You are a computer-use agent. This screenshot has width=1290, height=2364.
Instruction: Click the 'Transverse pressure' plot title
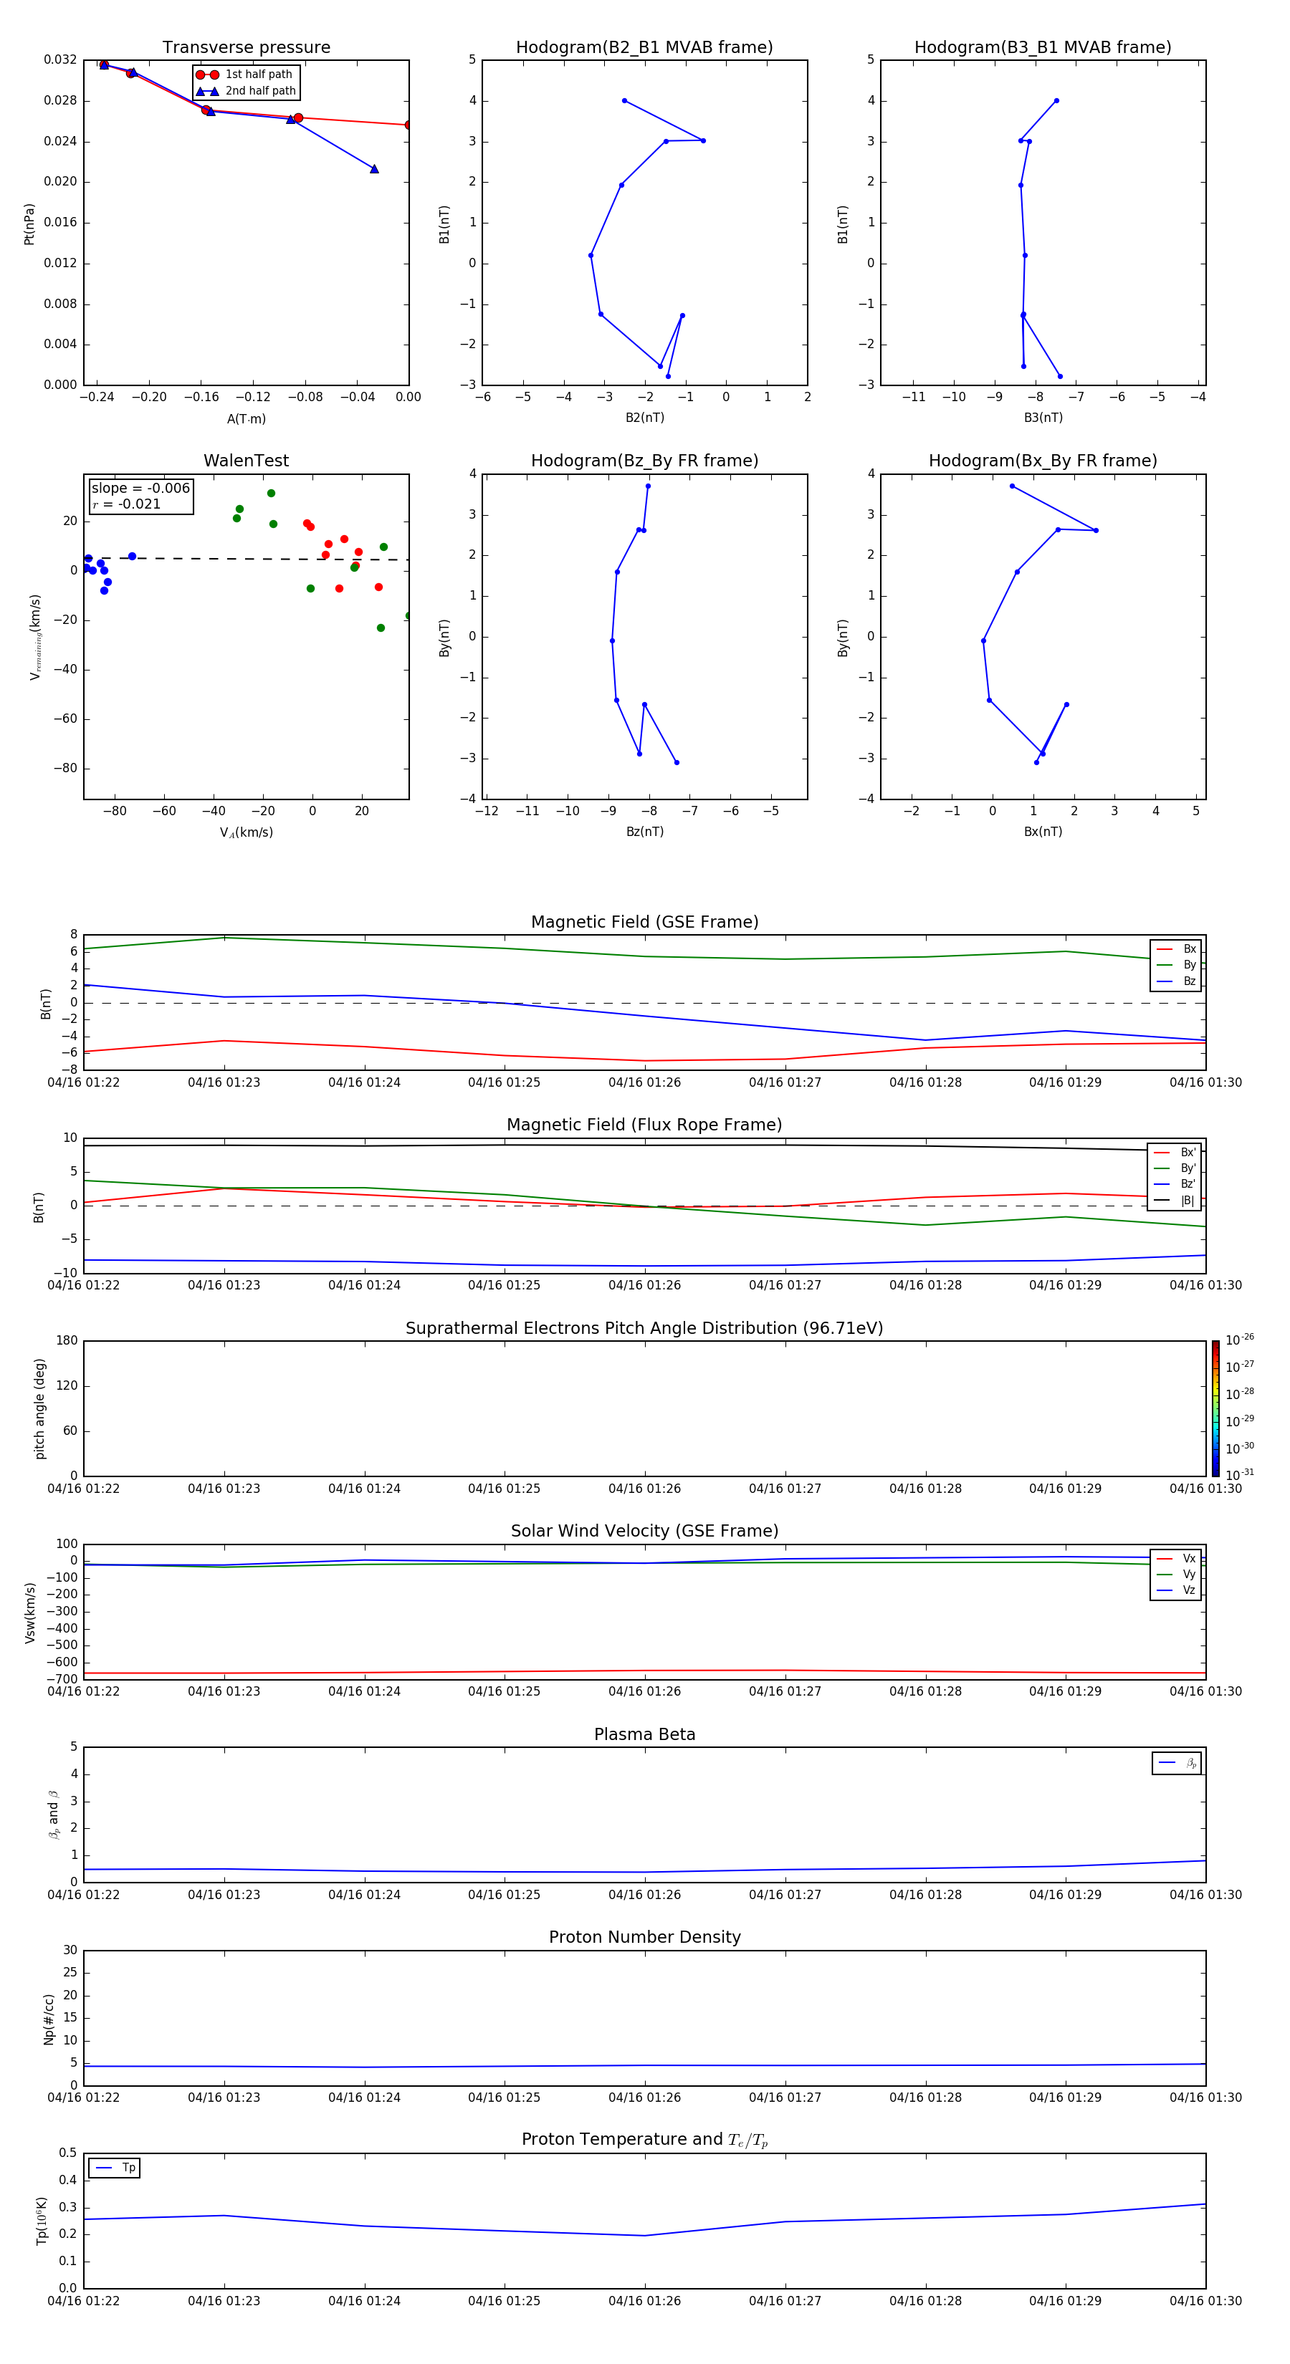[x=246, y=48]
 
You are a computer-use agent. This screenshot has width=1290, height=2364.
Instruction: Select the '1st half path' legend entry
[x=258, y=75]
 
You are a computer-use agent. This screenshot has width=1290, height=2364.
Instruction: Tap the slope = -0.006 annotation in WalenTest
[x=140, y=489]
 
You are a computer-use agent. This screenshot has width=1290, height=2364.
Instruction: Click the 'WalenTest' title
[x=246, y=461]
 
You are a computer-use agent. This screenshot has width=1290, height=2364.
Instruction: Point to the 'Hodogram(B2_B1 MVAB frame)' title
[x=644, y=48]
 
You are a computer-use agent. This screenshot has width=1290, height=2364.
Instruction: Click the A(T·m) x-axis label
[x=246, y=419]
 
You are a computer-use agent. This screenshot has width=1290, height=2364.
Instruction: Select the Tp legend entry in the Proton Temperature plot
[x=128, y=2168]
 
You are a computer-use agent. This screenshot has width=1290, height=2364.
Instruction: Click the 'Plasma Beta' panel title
[x=644, y=1734]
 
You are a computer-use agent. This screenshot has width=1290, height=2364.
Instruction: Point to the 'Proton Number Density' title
[x=644, y=1937]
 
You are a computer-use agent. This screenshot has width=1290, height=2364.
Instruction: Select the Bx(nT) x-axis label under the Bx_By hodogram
[x=1042, y=832]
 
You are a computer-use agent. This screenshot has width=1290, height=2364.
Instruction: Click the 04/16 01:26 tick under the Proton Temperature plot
[x=644, y=2301]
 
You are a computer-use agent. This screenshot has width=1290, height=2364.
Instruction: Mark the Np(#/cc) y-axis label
[x=49, y=2019]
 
